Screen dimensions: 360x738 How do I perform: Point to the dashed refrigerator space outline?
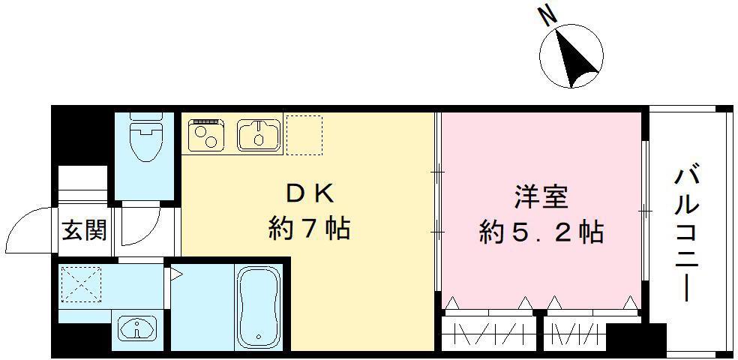(x=304, y=134)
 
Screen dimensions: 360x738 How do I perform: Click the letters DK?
(x=309, y=193)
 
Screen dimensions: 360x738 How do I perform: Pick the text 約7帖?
(x=309, y=227)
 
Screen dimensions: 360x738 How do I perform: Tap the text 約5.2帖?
(x=541, y=232)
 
